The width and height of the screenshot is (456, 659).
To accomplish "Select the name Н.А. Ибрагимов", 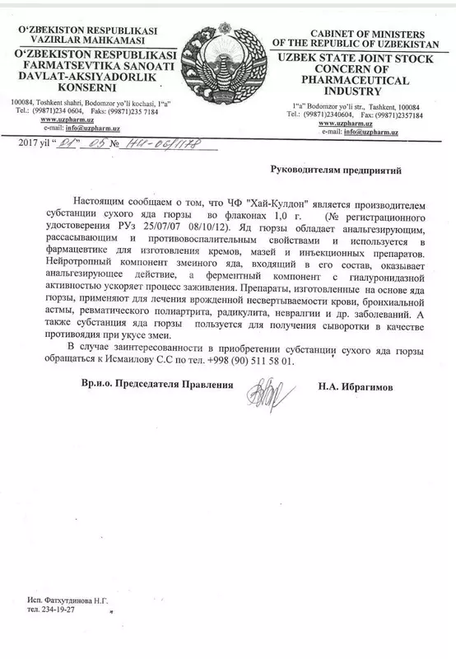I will [360, 385].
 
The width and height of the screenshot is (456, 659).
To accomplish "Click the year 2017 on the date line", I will [29, 143].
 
